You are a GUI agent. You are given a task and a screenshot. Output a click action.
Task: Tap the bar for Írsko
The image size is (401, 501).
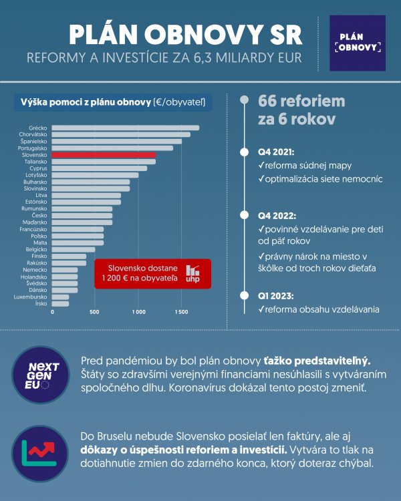point(60,303)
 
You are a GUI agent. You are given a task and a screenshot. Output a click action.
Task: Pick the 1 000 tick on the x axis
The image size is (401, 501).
point(138,312)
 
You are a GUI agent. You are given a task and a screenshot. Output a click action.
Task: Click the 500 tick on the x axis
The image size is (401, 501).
point(94,312)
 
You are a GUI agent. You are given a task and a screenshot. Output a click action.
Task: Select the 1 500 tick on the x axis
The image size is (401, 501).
point(181,312)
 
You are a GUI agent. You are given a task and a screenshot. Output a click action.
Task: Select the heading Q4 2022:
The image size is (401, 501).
point(277,216)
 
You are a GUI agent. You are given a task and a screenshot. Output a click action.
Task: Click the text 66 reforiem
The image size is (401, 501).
point(301,102)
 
